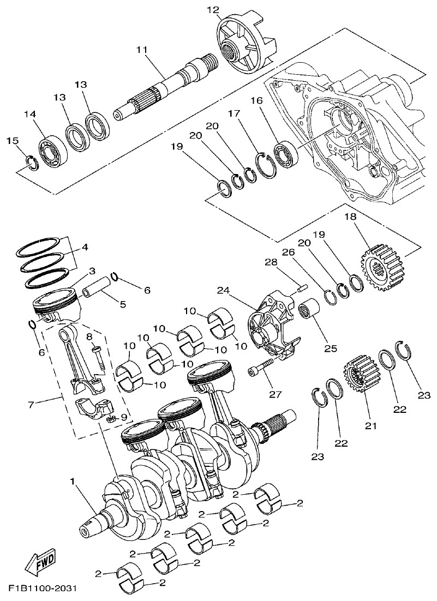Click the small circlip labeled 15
click(32, 163)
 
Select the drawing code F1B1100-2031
click(42, 590)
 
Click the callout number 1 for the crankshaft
click(72, 482)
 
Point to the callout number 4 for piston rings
click(85, 247)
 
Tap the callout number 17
click(234, 114)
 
